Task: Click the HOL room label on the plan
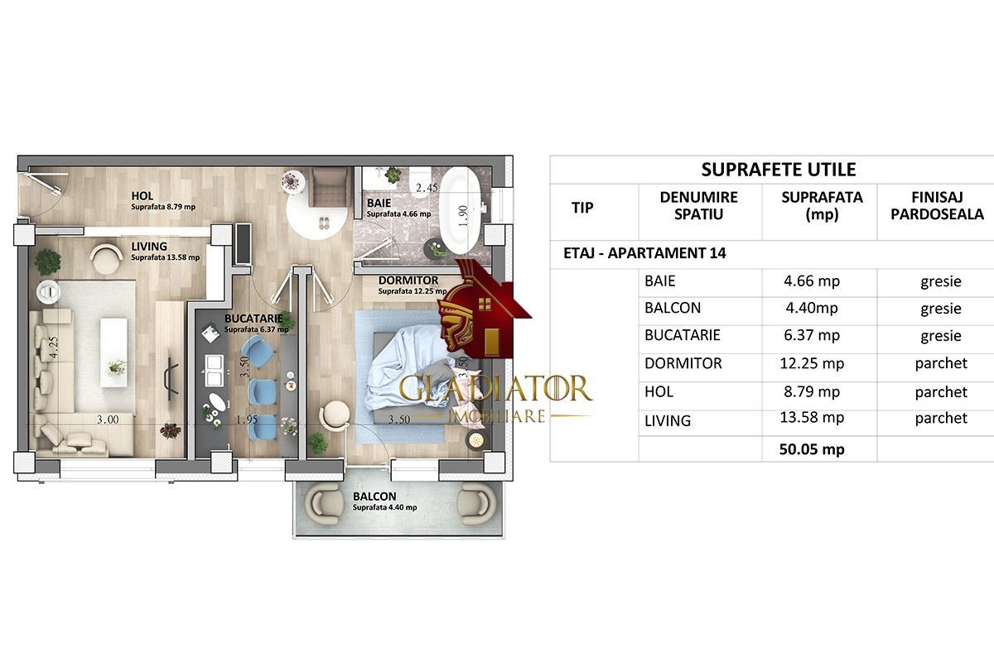142,196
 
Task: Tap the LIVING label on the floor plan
149,246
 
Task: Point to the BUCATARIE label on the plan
253,318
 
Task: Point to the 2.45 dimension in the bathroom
427,188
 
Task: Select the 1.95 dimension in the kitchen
247,420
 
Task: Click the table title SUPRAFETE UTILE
778,170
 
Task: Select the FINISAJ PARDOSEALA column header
935,205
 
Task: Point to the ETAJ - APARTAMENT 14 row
639,253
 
